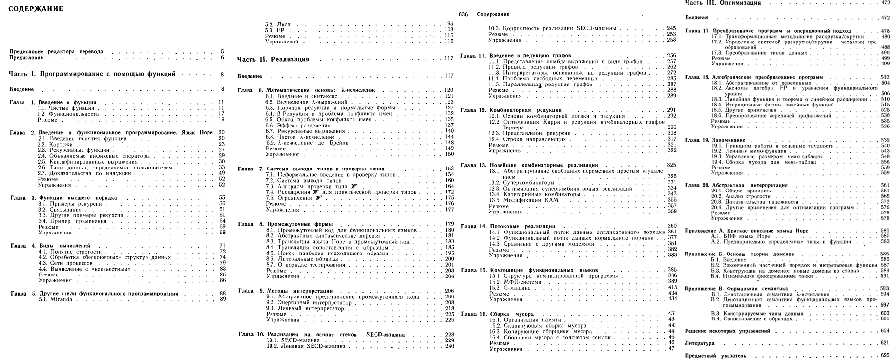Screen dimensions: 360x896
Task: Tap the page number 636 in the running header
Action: pos(464,14)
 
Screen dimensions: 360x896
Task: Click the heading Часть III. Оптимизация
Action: pos(723,3)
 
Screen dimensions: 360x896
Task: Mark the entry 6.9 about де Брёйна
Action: pos(307,143)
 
